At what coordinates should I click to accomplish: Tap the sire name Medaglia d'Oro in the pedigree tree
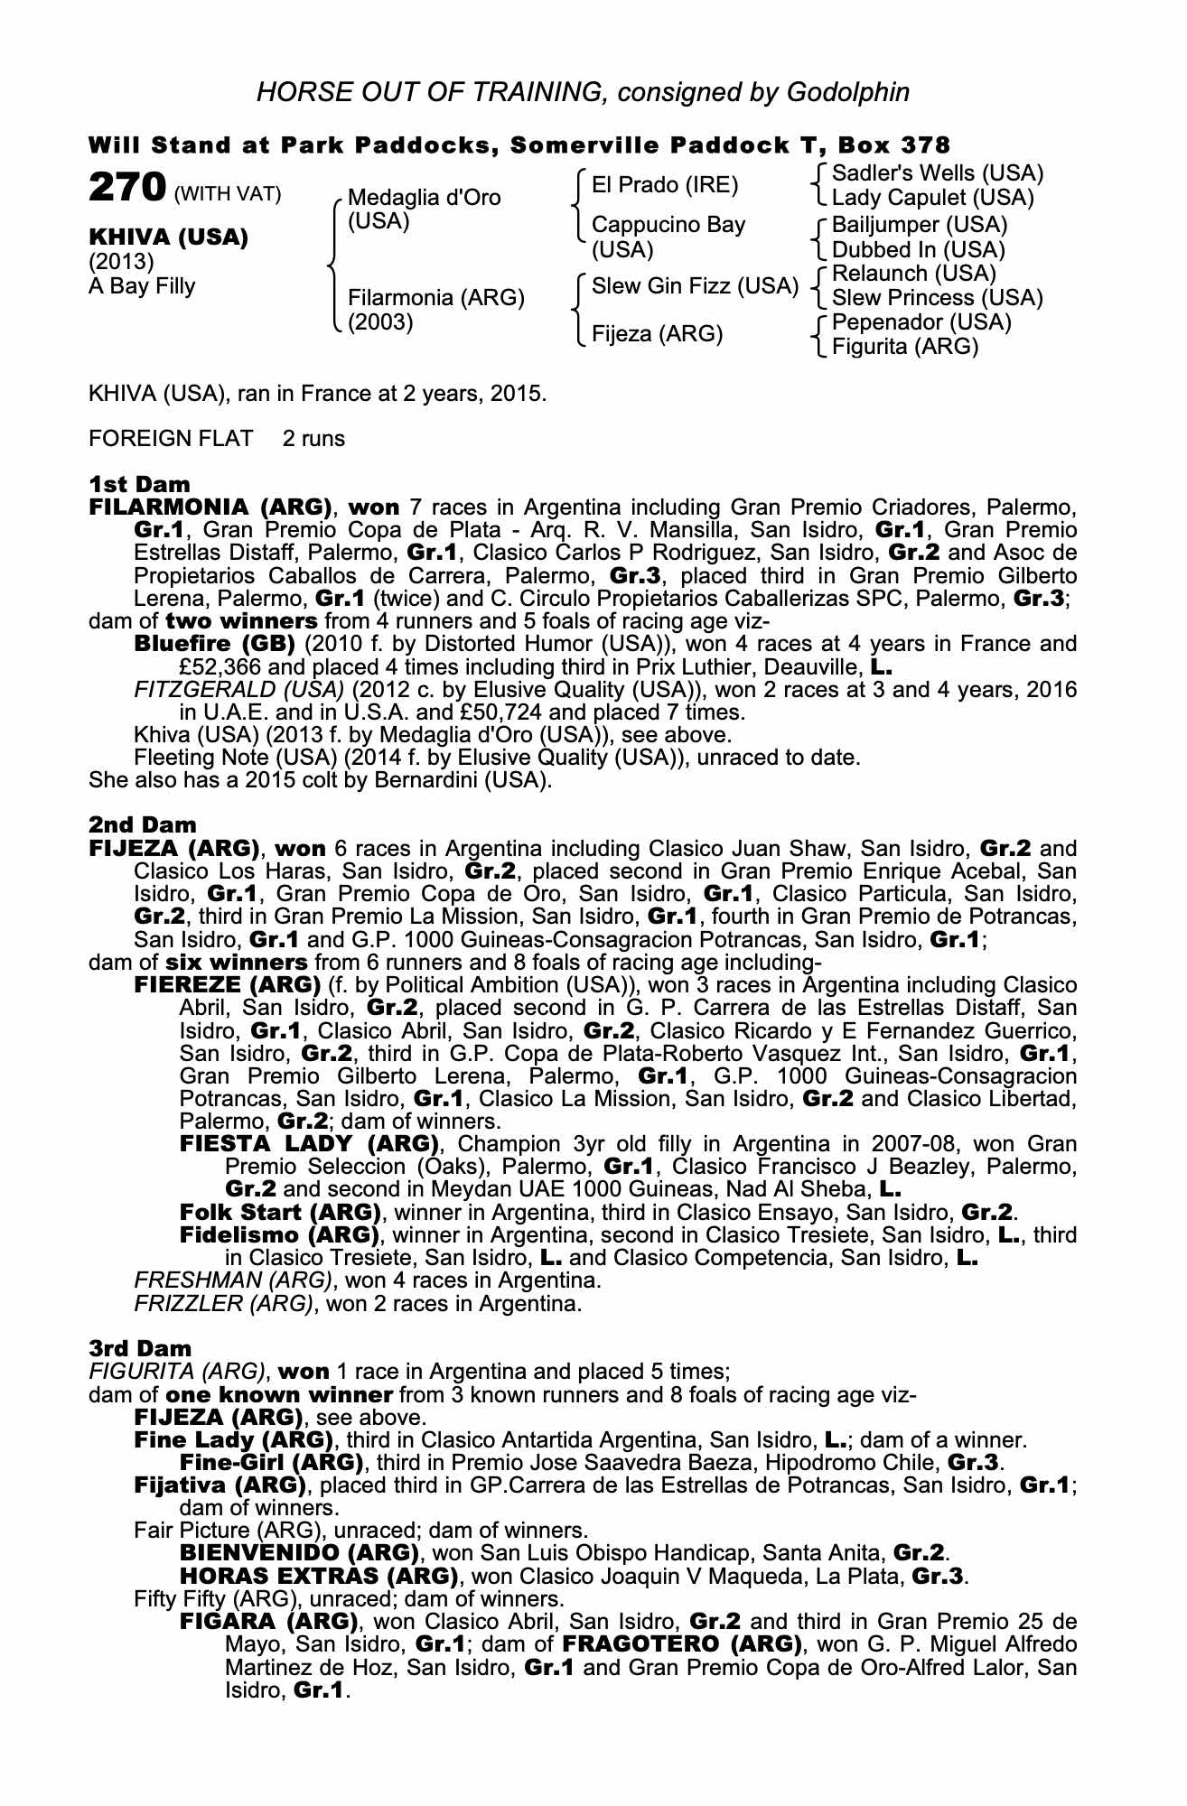pyautogui.click(x=424, y=198)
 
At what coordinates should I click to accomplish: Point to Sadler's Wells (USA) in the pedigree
pyautogui.click(x=937, y=172)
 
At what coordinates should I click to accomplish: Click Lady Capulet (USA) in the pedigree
pyautogui.click(x=932, y=197)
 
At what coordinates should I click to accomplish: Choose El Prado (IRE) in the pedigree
pyautogui.click(x=664, y=185)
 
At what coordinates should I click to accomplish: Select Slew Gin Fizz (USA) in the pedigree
pyautogui.click(x=695, y=286)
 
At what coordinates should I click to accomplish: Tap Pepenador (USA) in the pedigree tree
pyautogui.click(x=921, y=322)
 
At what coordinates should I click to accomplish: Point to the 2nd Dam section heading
pyautogui.click(x=142, y=824)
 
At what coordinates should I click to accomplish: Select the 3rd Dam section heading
pyautogui.click(x=140, y=1348)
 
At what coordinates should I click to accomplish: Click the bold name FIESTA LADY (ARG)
pyautogui.click(x=309, y=1144)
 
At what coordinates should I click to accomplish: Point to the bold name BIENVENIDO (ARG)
pyautogui.click(x=300, y=1553)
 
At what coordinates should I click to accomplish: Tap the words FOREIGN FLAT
pyautogui.click(x=171, y=439)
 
